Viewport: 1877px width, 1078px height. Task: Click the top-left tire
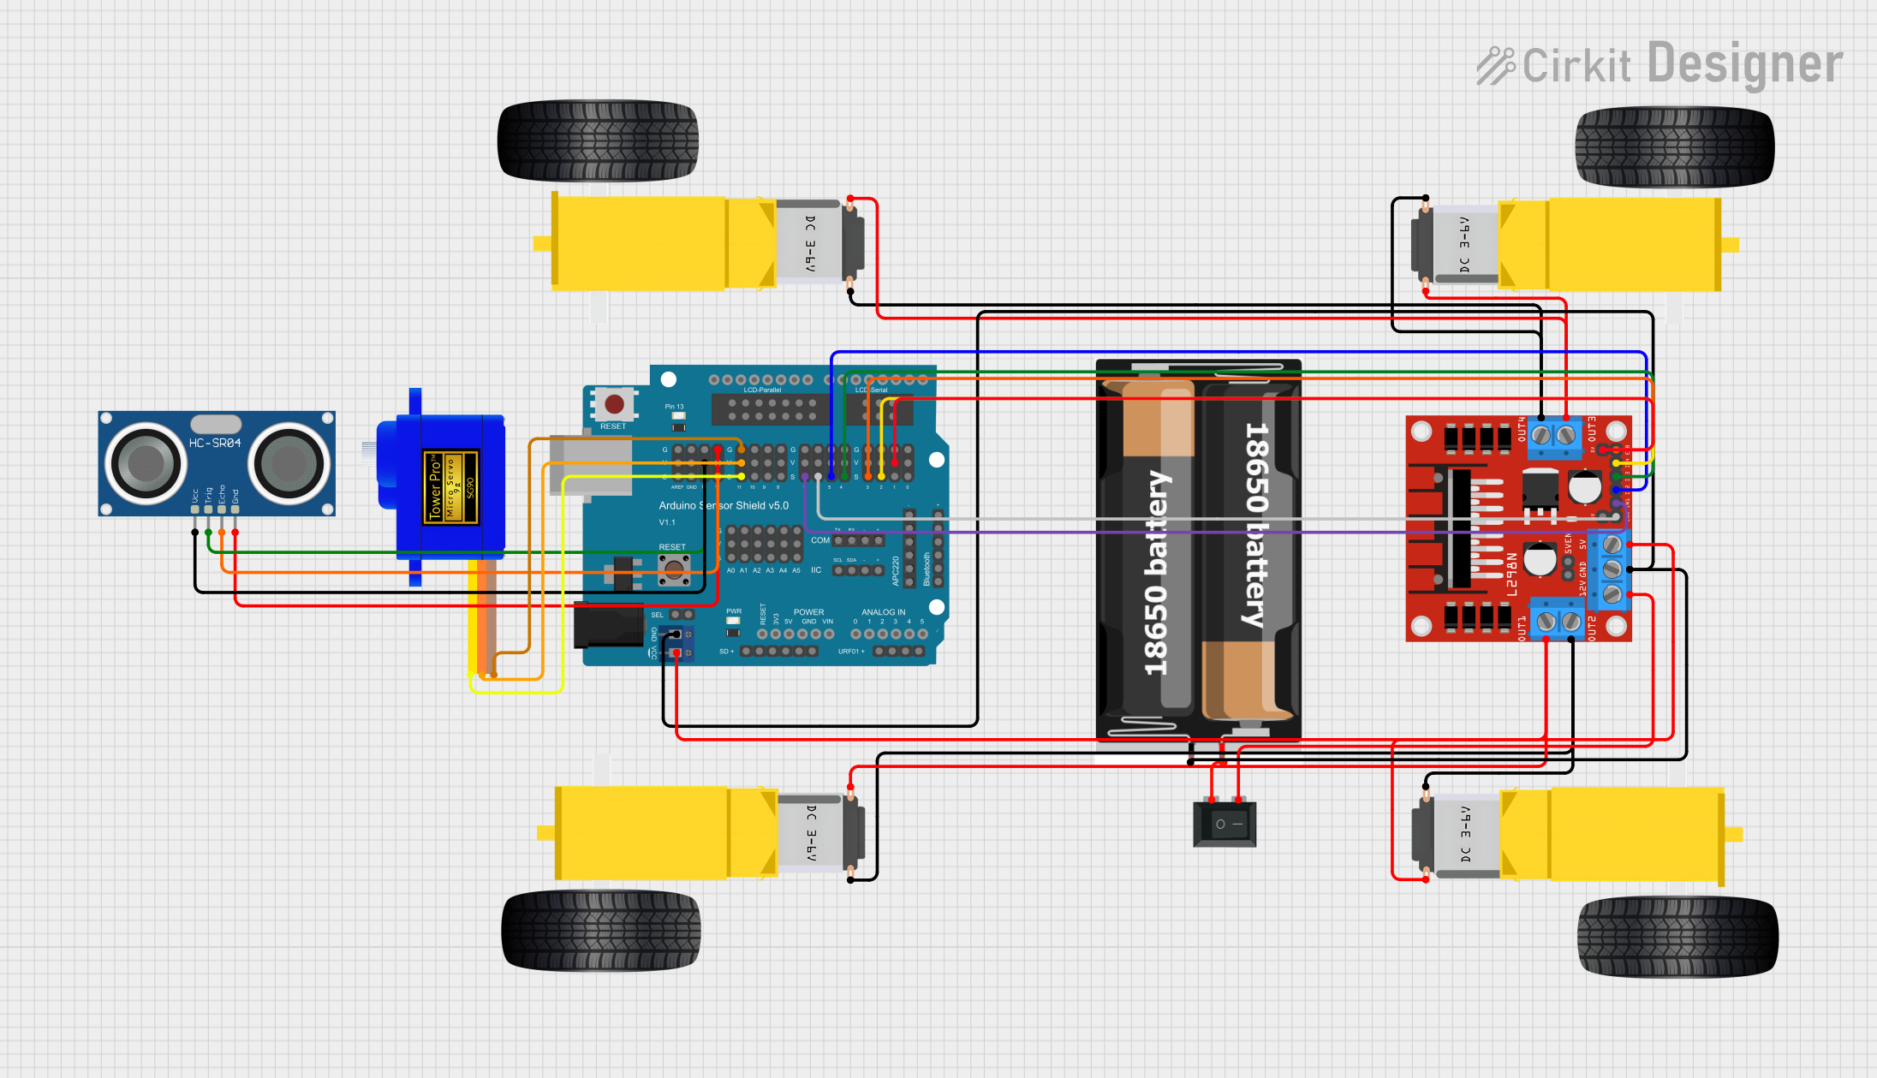(598, 141)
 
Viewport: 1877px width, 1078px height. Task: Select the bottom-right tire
(1677, 937)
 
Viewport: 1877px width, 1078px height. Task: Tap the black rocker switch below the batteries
(1225, 824)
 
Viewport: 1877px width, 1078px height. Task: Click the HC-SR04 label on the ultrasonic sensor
(215, 443)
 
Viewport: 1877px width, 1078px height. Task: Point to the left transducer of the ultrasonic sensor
(146, 463)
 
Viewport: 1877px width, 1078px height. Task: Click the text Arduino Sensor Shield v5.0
(724, 505)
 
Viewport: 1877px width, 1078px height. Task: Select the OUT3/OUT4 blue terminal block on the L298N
(1553, 435)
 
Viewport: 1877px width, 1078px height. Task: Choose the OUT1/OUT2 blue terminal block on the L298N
(1558, 621)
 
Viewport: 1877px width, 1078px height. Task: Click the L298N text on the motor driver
(1512, 574)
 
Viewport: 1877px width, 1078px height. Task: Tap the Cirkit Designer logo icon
(1495, 65)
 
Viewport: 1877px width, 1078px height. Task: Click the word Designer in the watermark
(1744, 64)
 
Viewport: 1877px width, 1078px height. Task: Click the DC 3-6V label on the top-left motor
(810, 244)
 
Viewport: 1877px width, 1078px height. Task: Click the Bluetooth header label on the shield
(927, 569)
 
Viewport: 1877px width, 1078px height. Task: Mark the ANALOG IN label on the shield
(883, 612)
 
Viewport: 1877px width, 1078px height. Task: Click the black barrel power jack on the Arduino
(608, 625)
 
